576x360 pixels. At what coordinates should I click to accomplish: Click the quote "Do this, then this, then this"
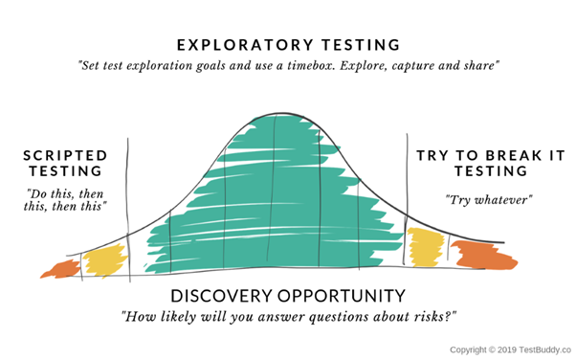click(64, 198)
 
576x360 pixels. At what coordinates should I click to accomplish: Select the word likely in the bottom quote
click(210, 318)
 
